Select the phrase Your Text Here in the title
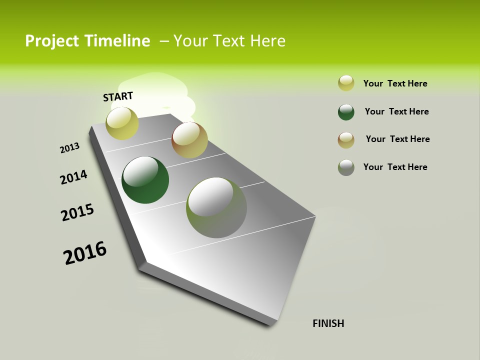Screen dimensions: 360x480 [229, 41]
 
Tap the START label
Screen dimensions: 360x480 [118, 96]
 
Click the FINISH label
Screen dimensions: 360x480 [328, 323]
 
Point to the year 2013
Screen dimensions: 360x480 [69, 148]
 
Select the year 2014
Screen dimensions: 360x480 [73, 177]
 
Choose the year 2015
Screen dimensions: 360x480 [77, 212]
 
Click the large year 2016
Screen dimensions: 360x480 [85, 253]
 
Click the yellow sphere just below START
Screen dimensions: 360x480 [122, 123]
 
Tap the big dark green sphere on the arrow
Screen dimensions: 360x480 [145, 180]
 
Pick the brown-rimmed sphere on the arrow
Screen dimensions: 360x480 [189, 140]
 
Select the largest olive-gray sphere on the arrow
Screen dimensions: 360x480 [216, 207]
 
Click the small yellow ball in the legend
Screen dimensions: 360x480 [346, 83]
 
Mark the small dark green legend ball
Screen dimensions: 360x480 [346, 112]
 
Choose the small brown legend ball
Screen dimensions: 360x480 [346, 140]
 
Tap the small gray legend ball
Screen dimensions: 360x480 [346, 167]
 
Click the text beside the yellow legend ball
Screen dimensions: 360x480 [395, 83]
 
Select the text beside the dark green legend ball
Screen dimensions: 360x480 [396, 111]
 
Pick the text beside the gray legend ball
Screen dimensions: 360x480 [395, 167]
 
